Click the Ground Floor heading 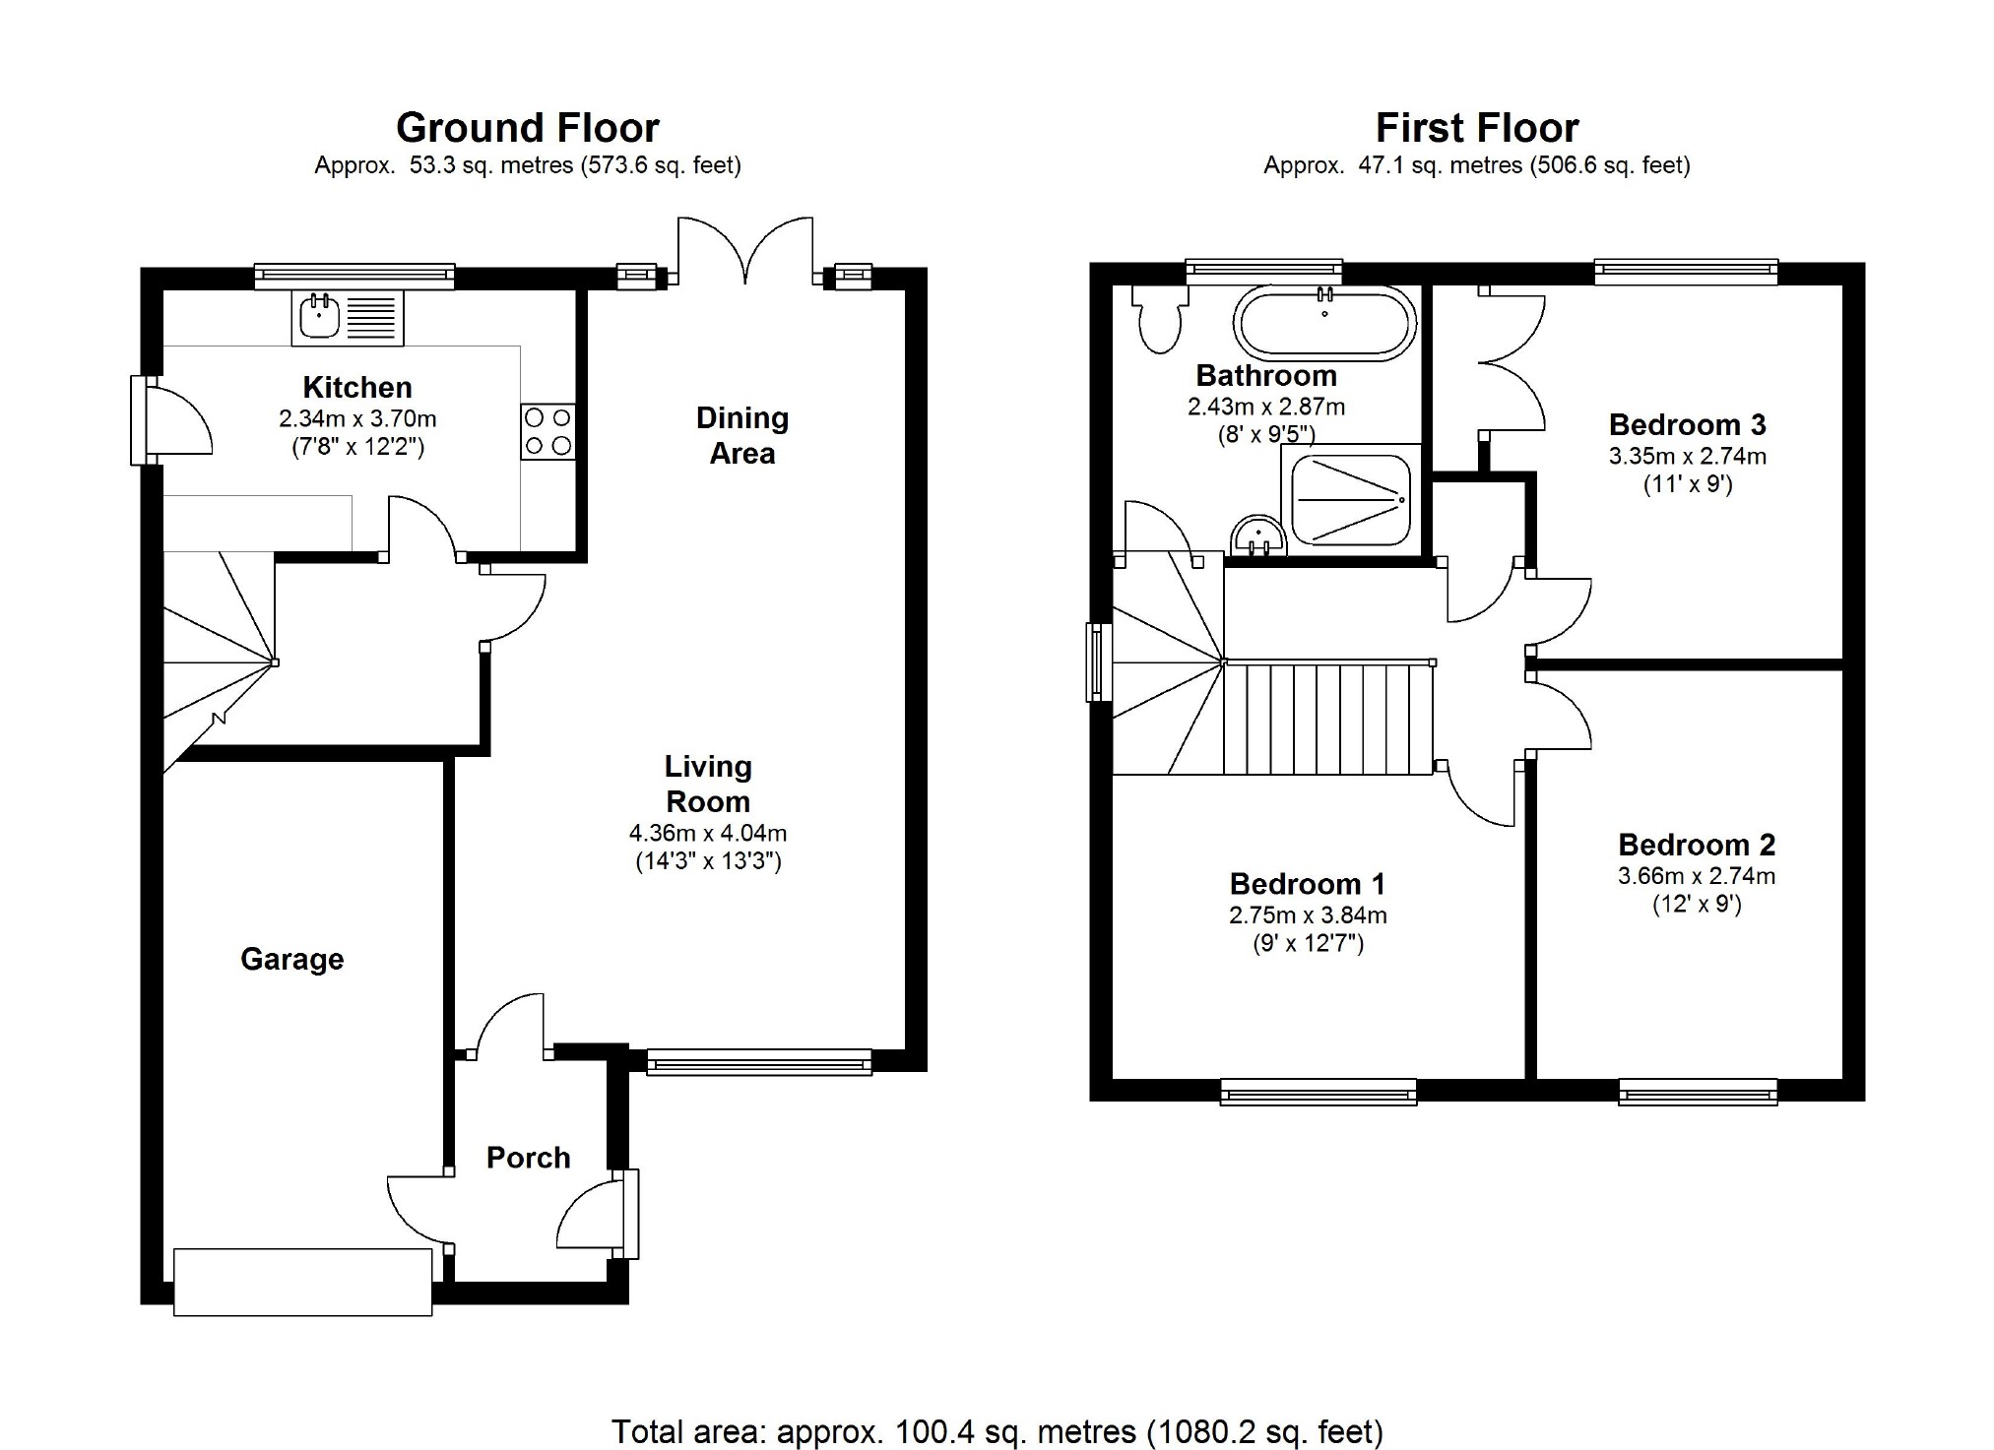pyautogui.click(x=528, y=128)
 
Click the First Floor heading pyautogui.click(x=1477, y=128)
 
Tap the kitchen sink pyautogui.click(x=348, y=318)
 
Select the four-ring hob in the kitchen pyautogui.click(x=548, y=431)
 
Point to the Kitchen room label pyautogui.click(x=356, y=387)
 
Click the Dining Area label pyautogui.click(x=742, y=435)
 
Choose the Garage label pyautogui.click(x=292, y=959)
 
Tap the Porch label pyautogui.click(x=529, y=1158)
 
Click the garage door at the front pyautogui.click(x=303, y=1282)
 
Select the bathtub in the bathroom pyautogui.click(x=1324, y=322)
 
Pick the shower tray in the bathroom pyautogui.click(x=1351, y=500)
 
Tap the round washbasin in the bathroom pyautogui.click(x=1258, y=537)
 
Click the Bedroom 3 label pyautogui.click(x=1688, y=424)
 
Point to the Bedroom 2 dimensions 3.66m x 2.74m pyautogui.click(x=1697, y=875)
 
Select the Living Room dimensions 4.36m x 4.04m pyautogui.click(x=708, y=833)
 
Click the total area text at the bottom pyautogui.click(x=997, y=1431)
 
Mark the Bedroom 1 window pyautogui.click(x=1319, y=1092)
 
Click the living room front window pyautogui.click(x=759, y=1061)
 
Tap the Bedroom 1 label pyautogui.click(x=1308, y=883)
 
